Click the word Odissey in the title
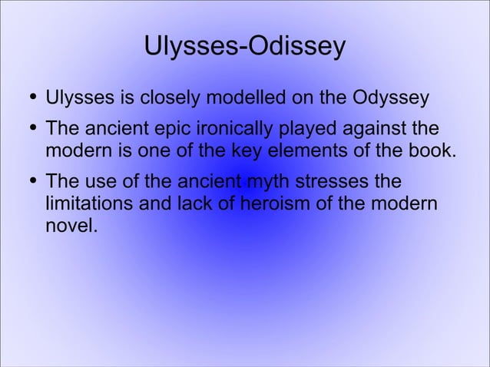click(299, 47)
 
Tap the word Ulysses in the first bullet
click(78, 99)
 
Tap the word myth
click(261, 184)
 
